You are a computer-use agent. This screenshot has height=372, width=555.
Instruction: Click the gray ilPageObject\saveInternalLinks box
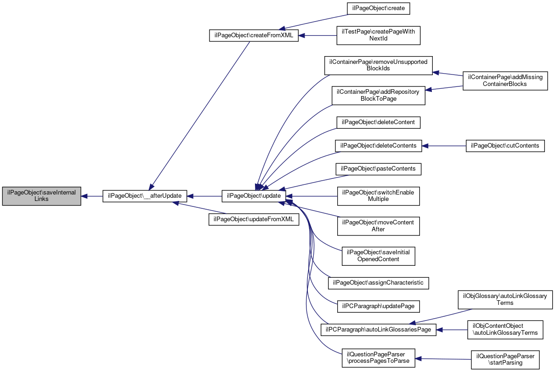42,196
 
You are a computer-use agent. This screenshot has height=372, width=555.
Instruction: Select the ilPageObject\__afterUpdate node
144,196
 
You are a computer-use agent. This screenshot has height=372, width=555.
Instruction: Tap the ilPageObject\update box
254,196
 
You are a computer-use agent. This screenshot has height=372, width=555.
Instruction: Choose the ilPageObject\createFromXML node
254,35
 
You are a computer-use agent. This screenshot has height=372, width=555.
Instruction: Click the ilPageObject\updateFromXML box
254,219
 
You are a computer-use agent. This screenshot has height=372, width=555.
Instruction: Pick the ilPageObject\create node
378,8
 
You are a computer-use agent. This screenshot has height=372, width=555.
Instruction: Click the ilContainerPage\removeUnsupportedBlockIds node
378,65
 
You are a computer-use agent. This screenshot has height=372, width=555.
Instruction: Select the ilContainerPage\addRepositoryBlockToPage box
378,95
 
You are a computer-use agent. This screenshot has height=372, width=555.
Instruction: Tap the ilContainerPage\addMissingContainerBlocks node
505,80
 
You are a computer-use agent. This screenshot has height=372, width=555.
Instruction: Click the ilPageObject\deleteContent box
378,122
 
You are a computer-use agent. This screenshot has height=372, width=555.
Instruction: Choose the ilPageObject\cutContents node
505,146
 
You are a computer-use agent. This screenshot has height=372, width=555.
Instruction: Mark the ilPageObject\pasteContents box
378,169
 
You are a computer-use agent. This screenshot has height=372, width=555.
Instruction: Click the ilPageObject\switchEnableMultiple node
378,196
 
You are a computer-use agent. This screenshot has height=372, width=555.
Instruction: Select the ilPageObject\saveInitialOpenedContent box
378,256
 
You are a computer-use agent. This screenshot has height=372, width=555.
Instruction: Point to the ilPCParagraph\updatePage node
378,305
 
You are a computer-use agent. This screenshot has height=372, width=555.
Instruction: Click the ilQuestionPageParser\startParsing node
505,359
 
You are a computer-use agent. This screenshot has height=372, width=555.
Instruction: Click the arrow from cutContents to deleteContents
444,146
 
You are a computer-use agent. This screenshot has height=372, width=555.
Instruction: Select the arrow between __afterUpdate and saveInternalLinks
92,196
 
